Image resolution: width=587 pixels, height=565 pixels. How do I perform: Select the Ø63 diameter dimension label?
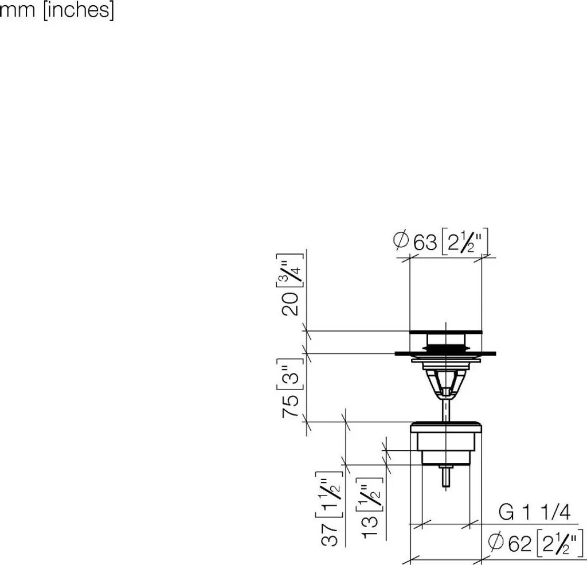(441, 242)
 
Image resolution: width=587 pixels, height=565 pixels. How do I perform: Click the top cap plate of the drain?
(445, 332)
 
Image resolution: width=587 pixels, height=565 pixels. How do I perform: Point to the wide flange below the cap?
(445, 353)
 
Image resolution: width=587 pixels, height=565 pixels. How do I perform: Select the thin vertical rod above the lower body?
(445, 408)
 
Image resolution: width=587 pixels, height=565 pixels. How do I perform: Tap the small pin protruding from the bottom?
(446, 477)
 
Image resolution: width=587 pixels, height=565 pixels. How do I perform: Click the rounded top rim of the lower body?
(445, 426)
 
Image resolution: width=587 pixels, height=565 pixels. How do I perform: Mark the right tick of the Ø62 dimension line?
(480, 556)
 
